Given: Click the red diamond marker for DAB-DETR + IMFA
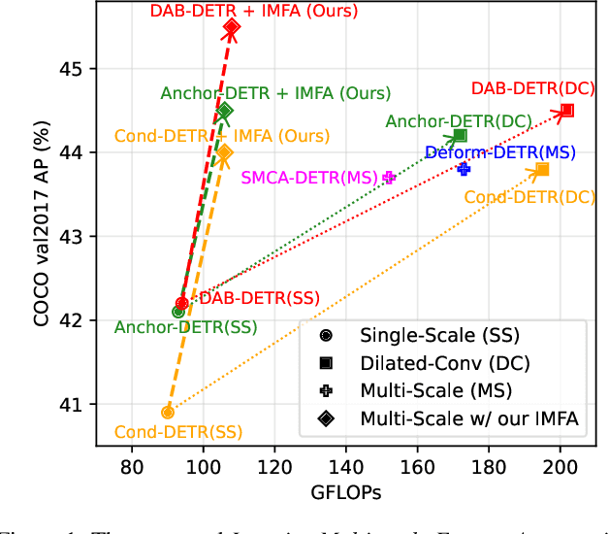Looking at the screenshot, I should [232, 27].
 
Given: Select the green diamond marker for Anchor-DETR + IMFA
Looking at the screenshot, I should [225, 111].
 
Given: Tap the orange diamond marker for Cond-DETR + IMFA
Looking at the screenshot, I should [225, 152].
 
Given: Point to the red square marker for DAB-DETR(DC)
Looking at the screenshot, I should [567, 111].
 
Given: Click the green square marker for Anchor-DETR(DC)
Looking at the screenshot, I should [460, 136].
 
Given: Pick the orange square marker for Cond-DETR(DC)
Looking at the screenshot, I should [542, 170].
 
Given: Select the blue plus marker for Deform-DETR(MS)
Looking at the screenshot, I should [464, 169].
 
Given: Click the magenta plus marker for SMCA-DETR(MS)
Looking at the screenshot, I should [389, 177].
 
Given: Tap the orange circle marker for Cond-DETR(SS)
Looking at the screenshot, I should [168, 412].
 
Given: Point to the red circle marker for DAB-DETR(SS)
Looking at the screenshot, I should [181, 304].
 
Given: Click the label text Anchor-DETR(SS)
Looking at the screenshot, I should [186, 327].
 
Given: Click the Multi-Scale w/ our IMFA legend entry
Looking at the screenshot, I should [457, 418].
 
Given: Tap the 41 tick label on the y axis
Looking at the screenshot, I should [78, 404].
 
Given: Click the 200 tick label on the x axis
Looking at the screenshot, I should [561, 467].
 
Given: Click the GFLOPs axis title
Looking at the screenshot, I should [346, 492].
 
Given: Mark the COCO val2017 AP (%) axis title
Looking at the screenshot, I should [42, 236].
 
